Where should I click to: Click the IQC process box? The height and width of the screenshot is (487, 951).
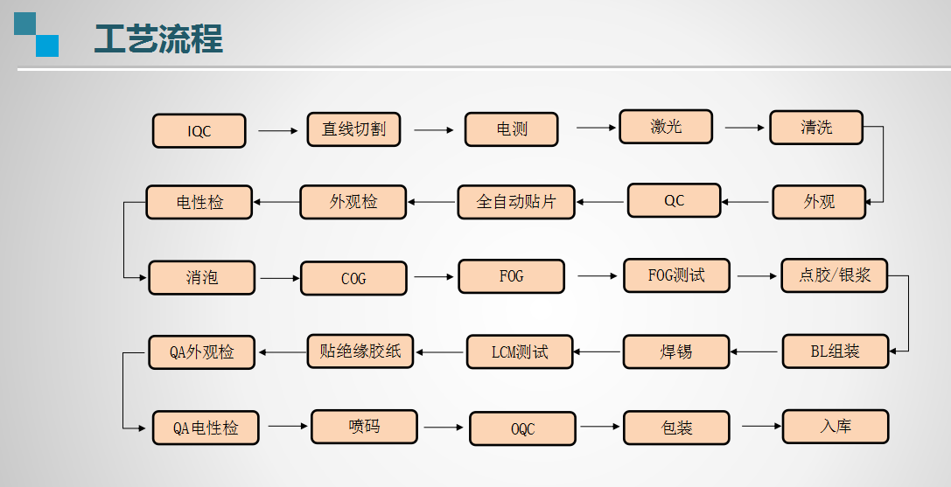click(x=199, y=131)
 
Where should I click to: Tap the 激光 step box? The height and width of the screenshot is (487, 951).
click(x=666, y=127)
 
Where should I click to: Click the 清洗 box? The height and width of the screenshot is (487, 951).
click(x=816, y=128)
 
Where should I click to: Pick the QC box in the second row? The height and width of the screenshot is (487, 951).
click(x=674, y=200)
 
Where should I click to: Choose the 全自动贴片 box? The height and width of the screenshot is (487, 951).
click(x=516, y=202)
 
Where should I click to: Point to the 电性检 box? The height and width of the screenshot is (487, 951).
click(x=199, y=202)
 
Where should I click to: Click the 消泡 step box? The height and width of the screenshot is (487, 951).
click(x=202, y=278)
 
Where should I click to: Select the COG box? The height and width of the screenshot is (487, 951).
click(x=353, y=279)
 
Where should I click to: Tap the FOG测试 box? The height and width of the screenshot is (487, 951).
click(x=676, y=275)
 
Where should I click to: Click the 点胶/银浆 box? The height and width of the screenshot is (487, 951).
click(x=834, y=275)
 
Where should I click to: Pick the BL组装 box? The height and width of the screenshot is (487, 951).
click(x=835, y=351)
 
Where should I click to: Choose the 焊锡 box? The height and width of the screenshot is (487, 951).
click(x=676, y=352)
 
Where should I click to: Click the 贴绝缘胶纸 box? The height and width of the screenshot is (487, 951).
click(x=360, y=351)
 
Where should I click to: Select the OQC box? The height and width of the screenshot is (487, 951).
click(x=522, y=429)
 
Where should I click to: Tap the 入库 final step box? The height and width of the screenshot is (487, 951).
click(x=836, y=427)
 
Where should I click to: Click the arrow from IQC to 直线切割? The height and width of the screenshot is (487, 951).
click(x=278, y=131)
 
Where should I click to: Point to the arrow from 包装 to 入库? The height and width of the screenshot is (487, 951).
click(x=761, y=427)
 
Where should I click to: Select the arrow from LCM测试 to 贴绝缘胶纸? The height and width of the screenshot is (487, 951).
click(x=440, y=352)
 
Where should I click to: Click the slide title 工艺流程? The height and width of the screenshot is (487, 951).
click(x=158, y=39)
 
